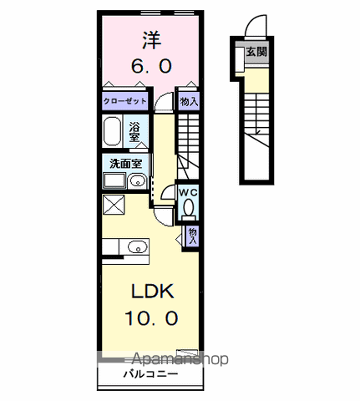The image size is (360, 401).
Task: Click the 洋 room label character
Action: pyautogui.click(x=152, y=40)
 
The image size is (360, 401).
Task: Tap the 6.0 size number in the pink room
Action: pyautogui.click(x=152, y=67)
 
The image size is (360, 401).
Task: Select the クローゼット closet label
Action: pyautogui.click(x=124, y=101)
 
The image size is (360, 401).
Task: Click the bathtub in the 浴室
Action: pyautogui.click(x=112, y=131)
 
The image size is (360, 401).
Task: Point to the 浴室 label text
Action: pyautogui.click(x=134, y=132)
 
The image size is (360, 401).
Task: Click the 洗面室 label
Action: pyautogui.click(x=126, y=164)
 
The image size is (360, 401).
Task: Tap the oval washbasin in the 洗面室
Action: pyautogui.click(x=137, y=182)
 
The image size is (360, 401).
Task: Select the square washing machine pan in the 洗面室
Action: pyautogui.click(x=114, y=181)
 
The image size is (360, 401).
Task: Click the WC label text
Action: pyautogui.click(x=188, y=192)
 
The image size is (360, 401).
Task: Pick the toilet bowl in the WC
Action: pyautogui.click(x=189, y=207)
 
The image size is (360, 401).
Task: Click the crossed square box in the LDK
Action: pyautogui.click(x=114, y=205)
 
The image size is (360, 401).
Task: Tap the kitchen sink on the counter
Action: pyautogui.click(x=137, y=247)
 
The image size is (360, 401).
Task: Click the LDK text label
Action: pyautogui.click(x=153, y=292)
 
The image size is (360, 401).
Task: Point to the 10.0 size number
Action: pyautogui.click(x=152, y=318)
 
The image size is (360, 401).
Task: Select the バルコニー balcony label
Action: pyautogui.click(x=150, y=373)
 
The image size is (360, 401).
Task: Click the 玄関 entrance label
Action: pyautogui.click(x=256, y=52)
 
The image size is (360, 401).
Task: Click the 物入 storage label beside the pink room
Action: pyautogui.click(x=189, y=102)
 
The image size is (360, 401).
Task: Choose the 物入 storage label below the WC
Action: pyautogui.click(x=192, y=236)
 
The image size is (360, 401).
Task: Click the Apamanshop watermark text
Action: pyautogui.click(x=180, y=359)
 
